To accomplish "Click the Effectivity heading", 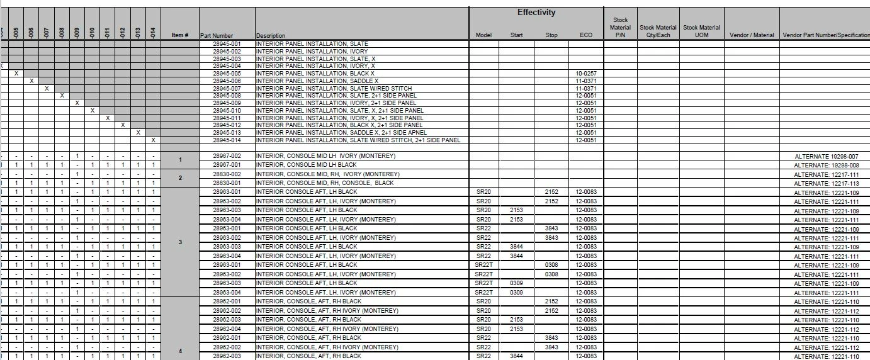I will click(x=536, y=13).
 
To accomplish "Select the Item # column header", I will click(x=180, y=35).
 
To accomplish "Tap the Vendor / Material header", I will click(x=747, y=35).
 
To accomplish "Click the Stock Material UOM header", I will click(x=701, y=31).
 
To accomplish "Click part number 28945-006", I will click(x=227, y=81).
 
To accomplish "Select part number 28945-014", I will click(x=227, y=140).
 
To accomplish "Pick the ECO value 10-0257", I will click(x=585, y=74).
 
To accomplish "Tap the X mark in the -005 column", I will click(x=16, y=74).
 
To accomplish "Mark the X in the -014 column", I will click(x=153, y=140).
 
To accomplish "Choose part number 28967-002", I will click(x=227, y=155).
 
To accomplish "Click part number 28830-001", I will click(x=227, y=183).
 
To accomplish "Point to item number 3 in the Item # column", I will click(x=180, y=242).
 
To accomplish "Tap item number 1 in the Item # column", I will click(x=180, y=160).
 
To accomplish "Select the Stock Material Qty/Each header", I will click(x=658, y=31).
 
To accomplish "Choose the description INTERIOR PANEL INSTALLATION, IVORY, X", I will click(x=315, y=66).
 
